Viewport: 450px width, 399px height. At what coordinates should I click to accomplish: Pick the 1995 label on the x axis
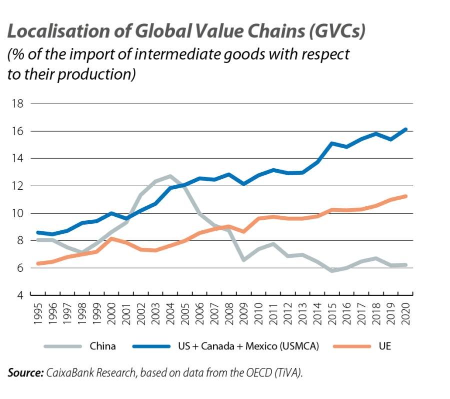pos(38,314)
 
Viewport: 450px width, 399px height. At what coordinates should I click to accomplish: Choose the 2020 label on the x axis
pos(406,314)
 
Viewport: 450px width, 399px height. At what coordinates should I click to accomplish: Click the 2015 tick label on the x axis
pos(332,314)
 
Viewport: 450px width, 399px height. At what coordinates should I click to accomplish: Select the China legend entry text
pos(102,346)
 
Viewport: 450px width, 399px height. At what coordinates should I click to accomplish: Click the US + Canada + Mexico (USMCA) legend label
pos(248,346)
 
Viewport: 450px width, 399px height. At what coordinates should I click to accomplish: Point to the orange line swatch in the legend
pos(352,346)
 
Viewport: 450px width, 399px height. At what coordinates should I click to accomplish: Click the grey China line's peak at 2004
pos(170,176)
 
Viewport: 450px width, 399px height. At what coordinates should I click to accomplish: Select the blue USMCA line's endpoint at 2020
pos(406,129)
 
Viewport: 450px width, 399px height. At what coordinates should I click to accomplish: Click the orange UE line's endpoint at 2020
pos(406,196)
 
